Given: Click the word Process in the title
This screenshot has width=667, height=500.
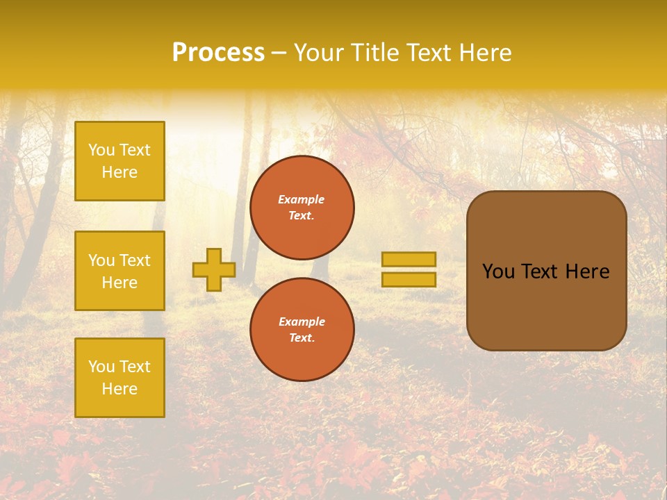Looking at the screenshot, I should (x=218, y=53).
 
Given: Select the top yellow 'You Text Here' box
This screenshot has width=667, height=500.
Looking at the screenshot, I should (x=120, y=161).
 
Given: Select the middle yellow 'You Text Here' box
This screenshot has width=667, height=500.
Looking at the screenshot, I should (x=120, y=271).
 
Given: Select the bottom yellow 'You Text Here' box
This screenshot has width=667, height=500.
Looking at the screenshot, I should (x=120, y=378).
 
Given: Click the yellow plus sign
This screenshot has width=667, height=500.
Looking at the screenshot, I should (x=213, y=269).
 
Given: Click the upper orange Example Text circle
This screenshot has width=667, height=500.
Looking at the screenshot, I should (x=302, y=208).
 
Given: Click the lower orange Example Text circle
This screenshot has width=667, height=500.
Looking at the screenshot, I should (x=302, y=329).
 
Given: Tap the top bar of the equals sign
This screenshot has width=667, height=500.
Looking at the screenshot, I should (x=409, y=260).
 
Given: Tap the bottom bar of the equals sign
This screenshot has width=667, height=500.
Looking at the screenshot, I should (x=409, y=279).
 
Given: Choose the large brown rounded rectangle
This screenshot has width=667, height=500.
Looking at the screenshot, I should (x=546, y=306).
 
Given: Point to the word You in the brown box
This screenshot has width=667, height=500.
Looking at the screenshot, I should (x=498, y=272).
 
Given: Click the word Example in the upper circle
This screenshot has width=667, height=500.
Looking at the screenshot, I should (x=302, y=199).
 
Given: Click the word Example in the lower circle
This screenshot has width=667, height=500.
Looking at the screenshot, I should (x=302, y=322).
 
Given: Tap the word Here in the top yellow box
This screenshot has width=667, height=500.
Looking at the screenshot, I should (x=120, y=172).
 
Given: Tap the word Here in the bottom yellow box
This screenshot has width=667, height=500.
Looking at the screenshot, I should (x=120, y=389).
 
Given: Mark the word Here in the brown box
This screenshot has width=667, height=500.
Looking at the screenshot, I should (x=587, y=272).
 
